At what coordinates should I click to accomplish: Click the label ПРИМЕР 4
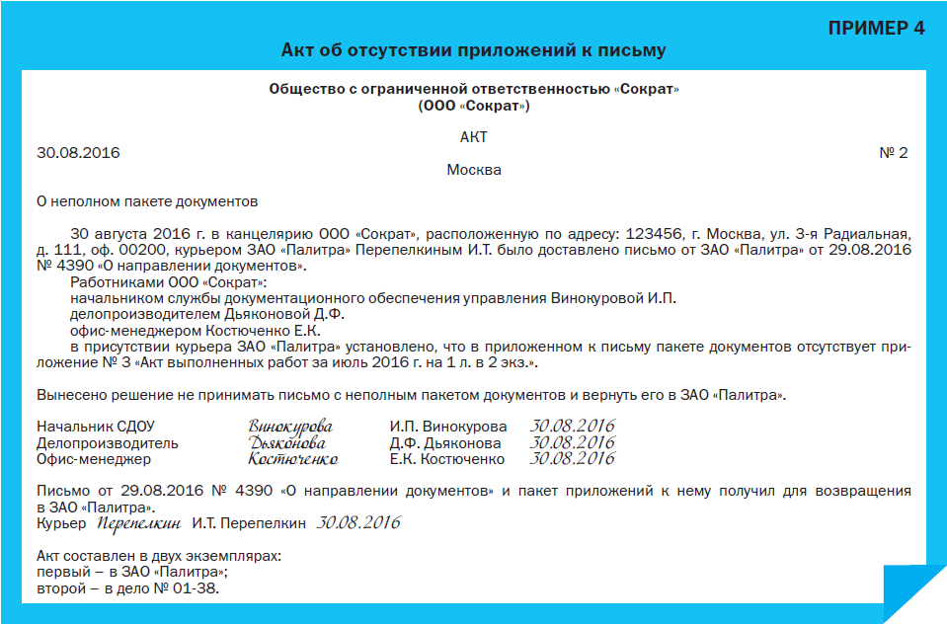point(876,28)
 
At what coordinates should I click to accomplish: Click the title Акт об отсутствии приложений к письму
point(474,49)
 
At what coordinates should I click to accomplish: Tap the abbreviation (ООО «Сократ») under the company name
point(474,106)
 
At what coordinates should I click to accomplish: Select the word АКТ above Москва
point(474,137)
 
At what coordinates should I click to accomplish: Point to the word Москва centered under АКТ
point(474,170)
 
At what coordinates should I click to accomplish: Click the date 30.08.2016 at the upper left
point(78,153)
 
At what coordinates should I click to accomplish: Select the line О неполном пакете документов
point(147,202)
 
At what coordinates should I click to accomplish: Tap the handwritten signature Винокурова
point(290,427)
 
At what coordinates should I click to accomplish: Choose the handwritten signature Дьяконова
point(288,443)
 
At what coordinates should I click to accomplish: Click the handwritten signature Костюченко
point(293,459)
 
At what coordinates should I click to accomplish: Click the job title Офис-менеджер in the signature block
point(94,459)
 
